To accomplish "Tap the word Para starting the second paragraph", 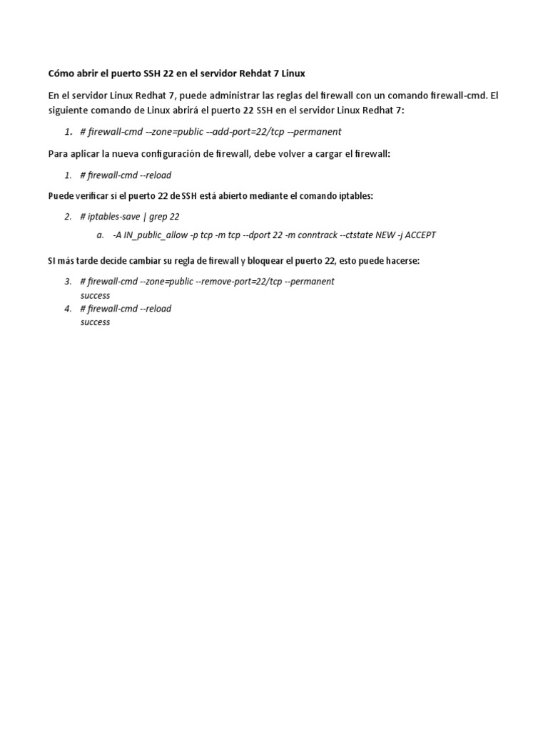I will tap(58, 154).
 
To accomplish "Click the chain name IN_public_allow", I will tap(154, 235).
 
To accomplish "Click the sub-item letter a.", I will tap(100, 235).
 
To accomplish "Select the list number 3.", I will tap(68, 282).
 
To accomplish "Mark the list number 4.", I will tap(68, 309).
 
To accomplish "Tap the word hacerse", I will tap(400, 261).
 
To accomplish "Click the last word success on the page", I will tap(95, 322).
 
